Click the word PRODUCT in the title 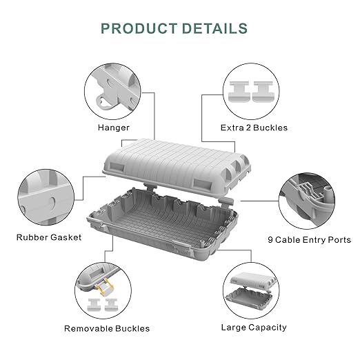(x=139, y=28)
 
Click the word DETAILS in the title (x=214, y=28)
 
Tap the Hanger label (x=114, y=128)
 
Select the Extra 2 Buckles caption (x=254, y=128)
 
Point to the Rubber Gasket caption (x=49, y=237)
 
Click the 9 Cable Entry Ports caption (x=309, y=240)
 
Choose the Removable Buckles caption (x=107, y=328)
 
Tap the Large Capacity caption (x=254, y=328)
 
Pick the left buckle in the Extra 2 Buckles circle (x=239, y=92)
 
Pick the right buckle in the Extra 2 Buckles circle (x=263, y=92)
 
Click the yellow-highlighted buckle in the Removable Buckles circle (x=105, y=286)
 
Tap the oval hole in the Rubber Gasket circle (x=52, y=203)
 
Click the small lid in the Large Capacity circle (x=253, y=280)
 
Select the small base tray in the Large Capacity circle (x=249, y=299)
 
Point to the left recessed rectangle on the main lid (x=117, y=168)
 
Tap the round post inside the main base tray (x=202, y=243)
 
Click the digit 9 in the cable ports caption (x=270, y=240)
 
